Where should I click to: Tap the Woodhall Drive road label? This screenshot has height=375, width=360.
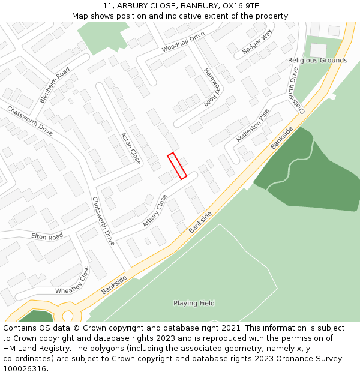click(183, 41)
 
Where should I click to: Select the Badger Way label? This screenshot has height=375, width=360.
click(257, 42)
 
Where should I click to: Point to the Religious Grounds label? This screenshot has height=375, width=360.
click(317, 60)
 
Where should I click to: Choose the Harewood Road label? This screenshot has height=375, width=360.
click(212, 87)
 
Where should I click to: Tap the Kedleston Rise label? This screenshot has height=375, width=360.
click(253, 125)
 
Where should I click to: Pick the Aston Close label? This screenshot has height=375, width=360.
click(130, 148)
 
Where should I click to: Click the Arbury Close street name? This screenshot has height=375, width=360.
click(155, 211)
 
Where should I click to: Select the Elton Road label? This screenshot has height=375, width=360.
click(47, 237)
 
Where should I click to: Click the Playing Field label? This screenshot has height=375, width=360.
click(194, 303)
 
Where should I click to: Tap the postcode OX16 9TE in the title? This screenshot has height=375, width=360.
click(241, 5)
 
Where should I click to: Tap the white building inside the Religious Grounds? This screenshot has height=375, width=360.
click(318, 50)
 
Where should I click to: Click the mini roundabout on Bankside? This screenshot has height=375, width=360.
click(68, 315)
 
